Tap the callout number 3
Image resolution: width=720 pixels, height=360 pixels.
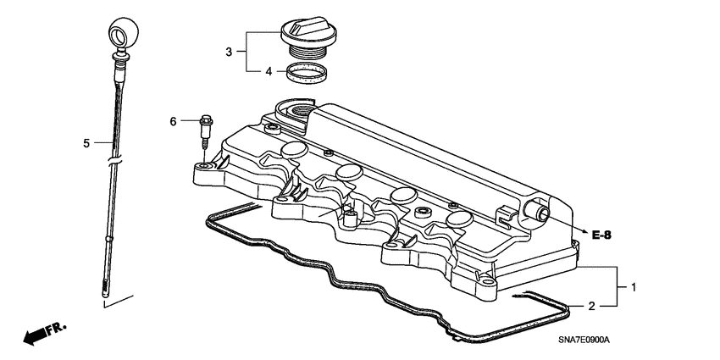click(x=228, y=53)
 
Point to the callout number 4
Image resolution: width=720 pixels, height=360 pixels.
click(x=269, y=72)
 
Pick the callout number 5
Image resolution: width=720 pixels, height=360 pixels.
click(x=86, y=143)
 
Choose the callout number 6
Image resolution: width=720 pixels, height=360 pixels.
click(x=174, y=122)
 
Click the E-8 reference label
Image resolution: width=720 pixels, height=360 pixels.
click(x=602, y=235)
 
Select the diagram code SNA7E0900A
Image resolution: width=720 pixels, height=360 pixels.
click(x=573, y=339)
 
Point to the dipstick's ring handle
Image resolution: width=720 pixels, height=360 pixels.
click(x=119, y=36)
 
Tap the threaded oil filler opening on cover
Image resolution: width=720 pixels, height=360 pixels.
click(x=301, y=112)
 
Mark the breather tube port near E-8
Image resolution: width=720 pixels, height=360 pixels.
click(x=536, y=212)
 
